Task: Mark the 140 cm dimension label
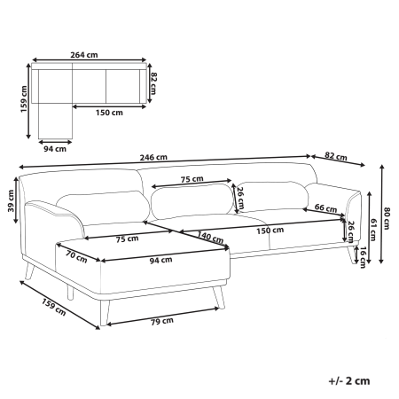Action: [x=209, y=237]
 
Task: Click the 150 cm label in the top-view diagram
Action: [x=110, y=113]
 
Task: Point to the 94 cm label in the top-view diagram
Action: [x=54, y=148]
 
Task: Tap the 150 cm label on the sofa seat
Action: [x=272, y=231]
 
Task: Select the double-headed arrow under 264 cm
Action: [x=89, y=61]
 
